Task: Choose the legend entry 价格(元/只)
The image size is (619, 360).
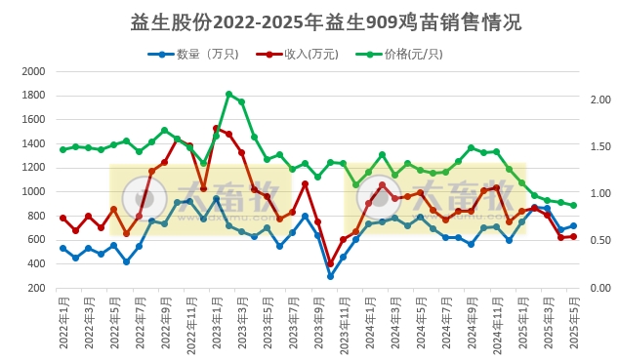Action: [404, 55]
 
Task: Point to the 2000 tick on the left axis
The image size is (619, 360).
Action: [33, 72]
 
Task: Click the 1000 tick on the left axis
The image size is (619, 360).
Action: [33, 192]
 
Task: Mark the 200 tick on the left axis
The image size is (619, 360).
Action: [36, 288]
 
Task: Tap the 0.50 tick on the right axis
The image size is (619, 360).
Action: [600, 240]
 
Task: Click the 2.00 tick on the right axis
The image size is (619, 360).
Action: [600, 100]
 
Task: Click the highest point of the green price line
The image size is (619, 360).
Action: [228, 95]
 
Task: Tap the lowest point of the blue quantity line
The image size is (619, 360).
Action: [330, 276]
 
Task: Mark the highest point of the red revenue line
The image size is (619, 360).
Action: [216, 128]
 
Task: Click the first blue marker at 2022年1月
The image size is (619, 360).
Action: [62, 248]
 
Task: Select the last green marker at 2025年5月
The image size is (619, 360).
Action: [573, 205]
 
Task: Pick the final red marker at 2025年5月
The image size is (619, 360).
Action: [573, 236]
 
